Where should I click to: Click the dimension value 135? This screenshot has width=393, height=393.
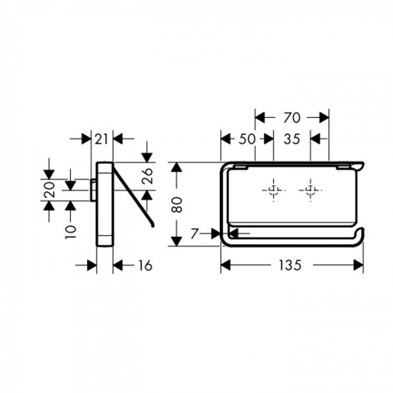[x=290, y=265]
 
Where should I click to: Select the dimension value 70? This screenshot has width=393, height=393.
[x=292, y=117]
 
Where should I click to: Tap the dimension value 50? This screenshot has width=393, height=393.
[x=247, y=139]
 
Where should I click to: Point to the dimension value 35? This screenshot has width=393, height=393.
[x=292, y=139]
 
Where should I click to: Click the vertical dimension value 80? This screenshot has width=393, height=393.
[x=177, y=205]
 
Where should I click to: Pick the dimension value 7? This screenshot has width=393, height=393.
[x=195, y=234]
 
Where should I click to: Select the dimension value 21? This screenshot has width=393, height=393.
[x=101, y=139]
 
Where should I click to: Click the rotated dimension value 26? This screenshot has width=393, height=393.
[x=147, y=176]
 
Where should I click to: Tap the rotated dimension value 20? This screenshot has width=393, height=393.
[x=49, y=190]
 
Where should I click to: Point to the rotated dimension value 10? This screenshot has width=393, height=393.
[x=71, y=232]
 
